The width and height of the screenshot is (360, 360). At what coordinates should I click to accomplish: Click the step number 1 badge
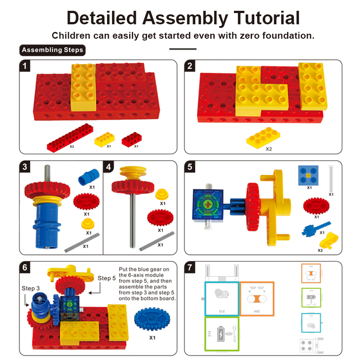(26, 66)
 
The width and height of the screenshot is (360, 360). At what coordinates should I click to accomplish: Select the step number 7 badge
(191, 267)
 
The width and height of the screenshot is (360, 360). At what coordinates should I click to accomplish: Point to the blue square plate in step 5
(309, 175)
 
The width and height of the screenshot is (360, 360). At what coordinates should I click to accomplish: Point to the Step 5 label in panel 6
(106, 279)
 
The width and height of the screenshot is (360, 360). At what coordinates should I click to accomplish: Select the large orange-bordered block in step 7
(256, 298)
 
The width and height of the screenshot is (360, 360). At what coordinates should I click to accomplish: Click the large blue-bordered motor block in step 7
(221, 298)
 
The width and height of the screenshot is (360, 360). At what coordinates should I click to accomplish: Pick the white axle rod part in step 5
(331, 179)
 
